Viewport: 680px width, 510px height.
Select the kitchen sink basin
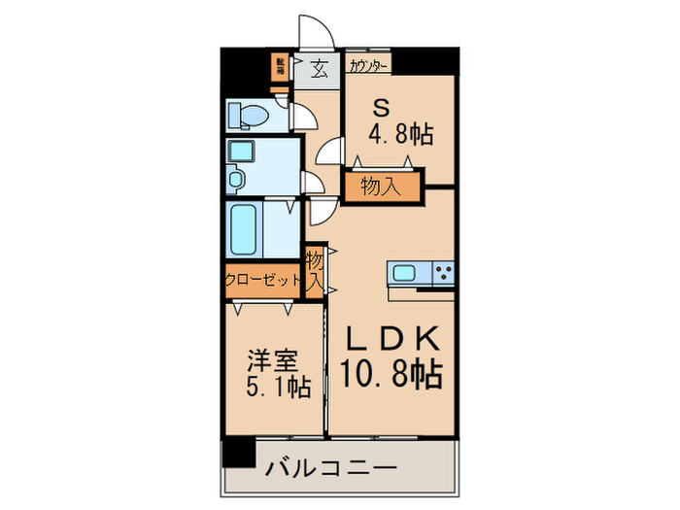click(x=403, y=273)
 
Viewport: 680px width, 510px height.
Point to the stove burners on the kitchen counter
click(x=444, y=273)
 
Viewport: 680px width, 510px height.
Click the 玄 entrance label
click(x=318, y=69)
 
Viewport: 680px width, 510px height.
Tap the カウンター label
click(x=368, y=66)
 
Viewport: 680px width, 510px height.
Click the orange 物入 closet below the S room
click(x=382, y=186)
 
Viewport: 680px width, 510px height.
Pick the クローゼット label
click(x=263, y=280)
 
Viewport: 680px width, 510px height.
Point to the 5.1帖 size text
click(x=276, y=388)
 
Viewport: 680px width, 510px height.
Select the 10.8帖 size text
click(x=392, y=373)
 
